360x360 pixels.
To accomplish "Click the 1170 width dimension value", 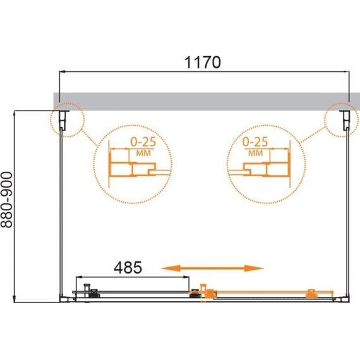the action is tap(203, 63).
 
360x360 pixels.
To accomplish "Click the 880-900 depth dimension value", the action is tap(6, 200).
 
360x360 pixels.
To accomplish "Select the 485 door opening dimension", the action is tap(128, 267).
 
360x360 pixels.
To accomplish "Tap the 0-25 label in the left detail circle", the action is tap(143, 142).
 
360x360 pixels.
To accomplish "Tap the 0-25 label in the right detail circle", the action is tap(255, 141).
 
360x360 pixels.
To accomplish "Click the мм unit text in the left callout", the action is tap(143, 153).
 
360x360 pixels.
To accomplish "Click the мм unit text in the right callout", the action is tap(256, 153).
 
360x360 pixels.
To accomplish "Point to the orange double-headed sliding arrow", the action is tap(212, 268).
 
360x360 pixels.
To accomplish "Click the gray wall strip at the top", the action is tap(207, 102).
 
